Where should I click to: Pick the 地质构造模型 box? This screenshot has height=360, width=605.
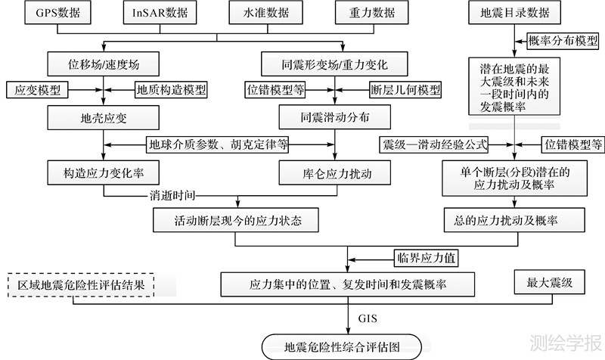tap(172, 89)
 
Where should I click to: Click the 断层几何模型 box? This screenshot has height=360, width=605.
tap(405, 89)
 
